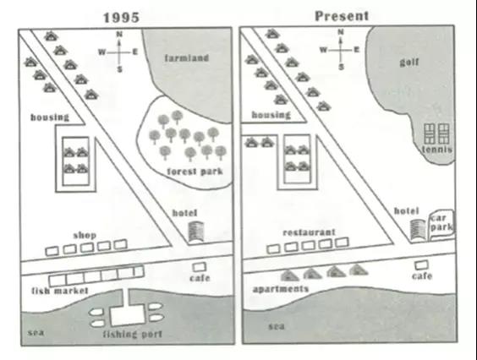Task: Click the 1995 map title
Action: tap(122, 18)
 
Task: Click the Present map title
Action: tap(342, 16)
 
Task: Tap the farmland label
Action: tap(187, 58)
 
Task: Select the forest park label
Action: tap(195, 172)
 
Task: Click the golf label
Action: tap(409, 63)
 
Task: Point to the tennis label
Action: tap(437, 150)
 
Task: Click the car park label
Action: tap(441, 222)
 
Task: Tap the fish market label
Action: tap(60, 291)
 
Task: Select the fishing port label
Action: tap(133, 334)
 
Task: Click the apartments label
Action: tap(281, 289)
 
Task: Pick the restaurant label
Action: tap(309, 232)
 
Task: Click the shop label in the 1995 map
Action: tap(85, 235)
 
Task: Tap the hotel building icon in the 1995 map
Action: tap(196, 232)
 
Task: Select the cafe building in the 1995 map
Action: tap(200, 267)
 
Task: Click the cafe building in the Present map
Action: tap(421, 265)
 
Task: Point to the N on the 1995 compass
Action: tap(119, 35)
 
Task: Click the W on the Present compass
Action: tap(323, 50)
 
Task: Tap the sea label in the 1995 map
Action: tap(36, 332)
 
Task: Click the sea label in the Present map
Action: tap(277, 326)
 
